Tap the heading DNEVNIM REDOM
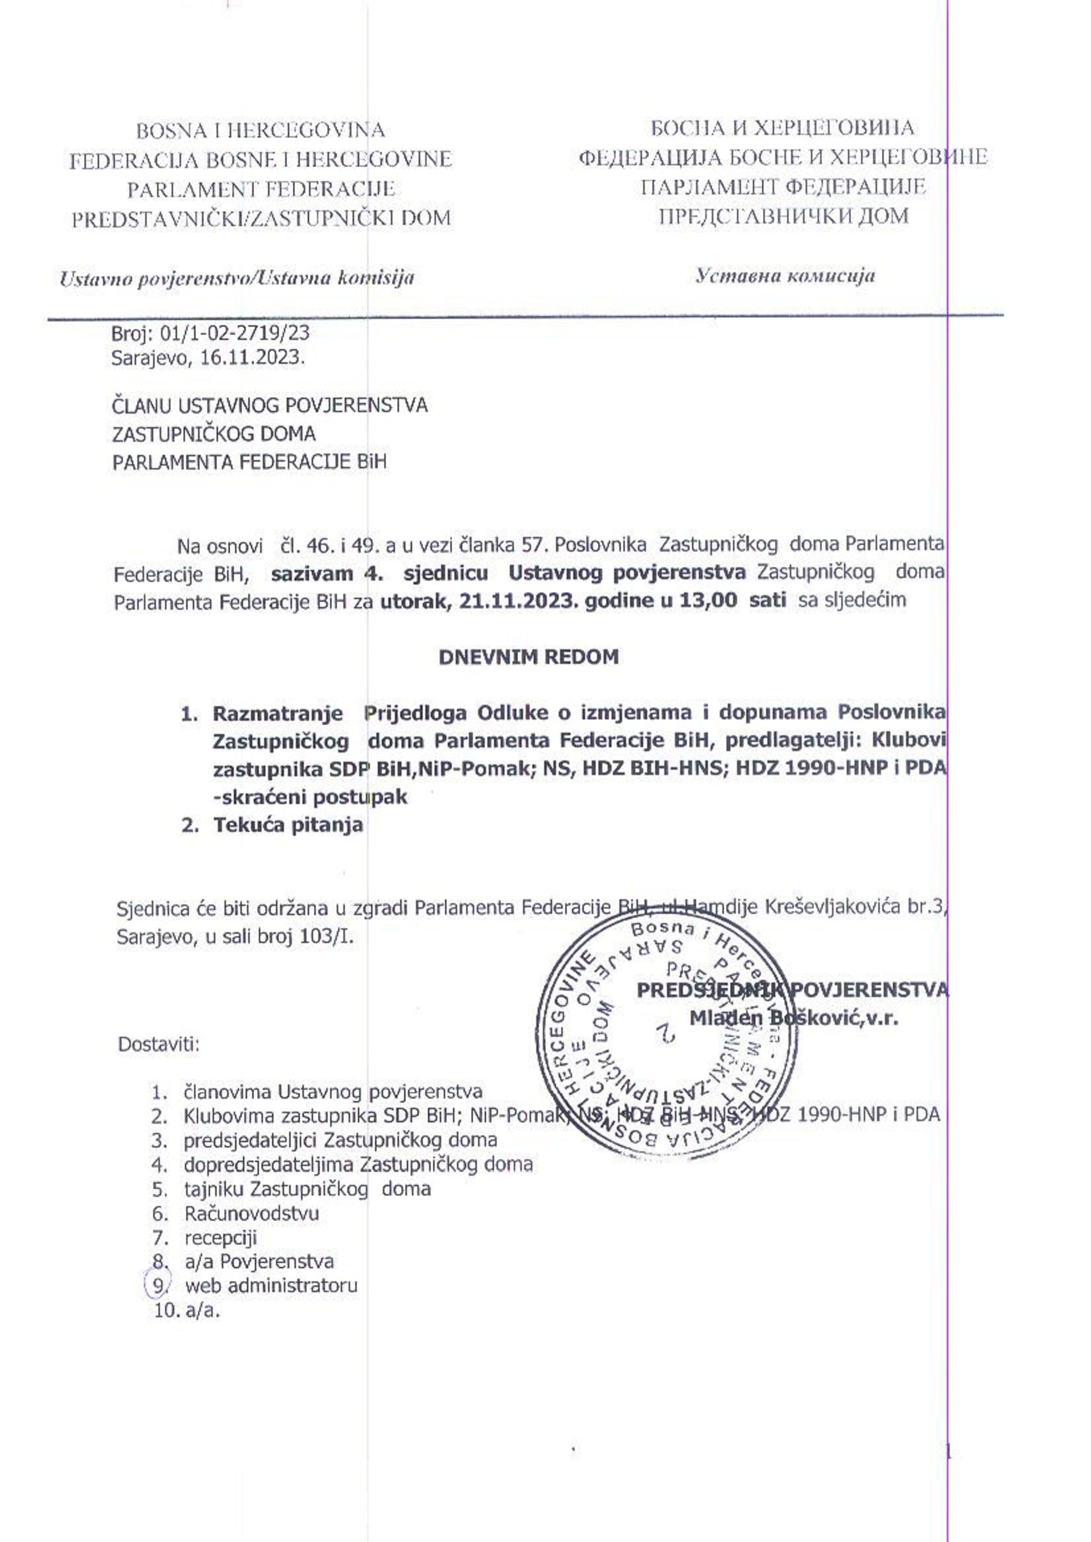[x=529, y=657]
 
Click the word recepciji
[x=220, y=1238]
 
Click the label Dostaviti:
[x=159, y=1045]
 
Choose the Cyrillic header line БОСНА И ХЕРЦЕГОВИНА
[x=782, y=128]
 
